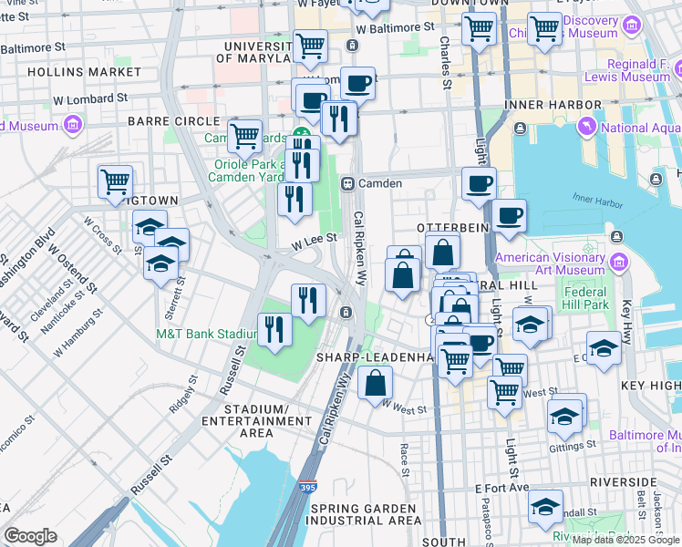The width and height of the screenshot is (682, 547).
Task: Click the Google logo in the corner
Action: tap(30, 536)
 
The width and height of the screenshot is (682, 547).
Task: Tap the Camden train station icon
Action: tap(347, 183)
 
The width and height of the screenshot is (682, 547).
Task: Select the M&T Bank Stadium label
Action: tap(206, 334)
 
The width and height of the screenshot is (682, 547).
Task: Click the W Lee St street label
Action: tap(315, 239)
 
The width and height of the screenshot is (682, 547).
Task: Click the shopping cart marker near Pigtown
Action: tap(115, 181)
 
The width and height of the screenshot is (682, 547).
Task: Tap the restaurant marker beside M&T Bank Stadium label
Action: tap(274, 328)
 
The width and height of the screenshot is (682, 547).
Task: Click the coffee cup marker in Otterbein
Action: tap(509, 216)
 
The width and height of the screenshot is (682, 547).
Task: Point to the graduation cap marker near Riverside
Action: tap(546, 506)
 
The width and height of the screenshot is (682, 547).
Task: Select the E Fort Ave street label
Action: tap(501, 488)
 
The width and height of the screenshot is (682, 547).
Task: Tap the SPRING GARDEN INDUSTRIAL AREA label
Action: tap(365, 514)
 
